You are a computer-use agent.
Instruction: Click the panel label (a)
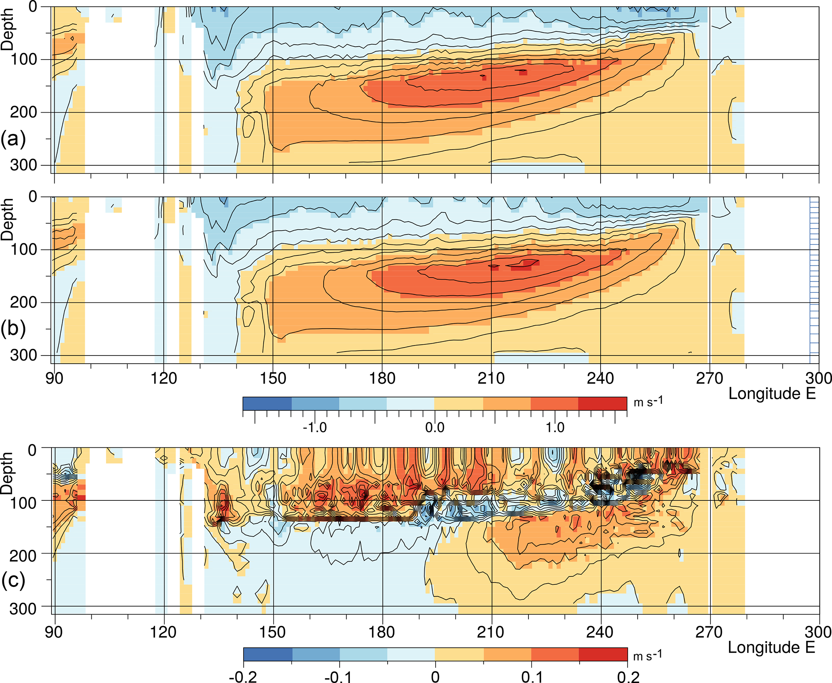click(13, 139)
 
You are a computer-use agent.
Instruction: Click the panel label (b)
click(13, 328)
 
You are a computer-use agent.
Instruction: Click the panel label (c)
click(13, 580)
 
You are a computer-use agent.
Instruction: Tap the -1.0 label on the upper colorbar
click(314, 427)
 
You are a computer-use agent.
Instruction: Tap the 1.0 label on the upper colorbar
click(555, 427)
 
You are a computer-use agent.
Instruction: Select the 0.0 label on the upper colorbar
click(435, 427)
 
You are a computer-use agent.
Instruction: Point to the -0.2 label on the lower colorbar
click(243, 677)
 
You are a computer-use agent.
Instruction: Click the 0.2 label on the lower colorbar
click(628, 677)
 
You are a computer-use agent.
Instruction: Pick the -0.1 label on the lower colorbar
click(339, 677)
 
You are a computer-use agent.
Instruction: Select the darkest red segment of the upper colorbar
click(603, 403)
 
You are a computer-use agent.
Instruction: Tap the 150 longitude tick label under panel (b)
click(273, 379)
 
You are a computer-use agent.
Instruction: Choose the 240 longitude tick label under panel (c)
click(600, 632)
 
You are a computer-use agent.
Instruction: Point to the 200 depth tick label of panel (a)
click(23, 112)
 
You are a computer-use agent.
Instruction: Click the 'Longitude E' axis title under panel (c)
click(772, 647)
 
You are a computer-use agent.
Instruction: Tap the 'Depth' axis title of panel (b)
click(7, 220)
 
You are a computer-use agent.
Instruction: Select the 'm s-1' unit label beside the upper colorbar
click(648, 401)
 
